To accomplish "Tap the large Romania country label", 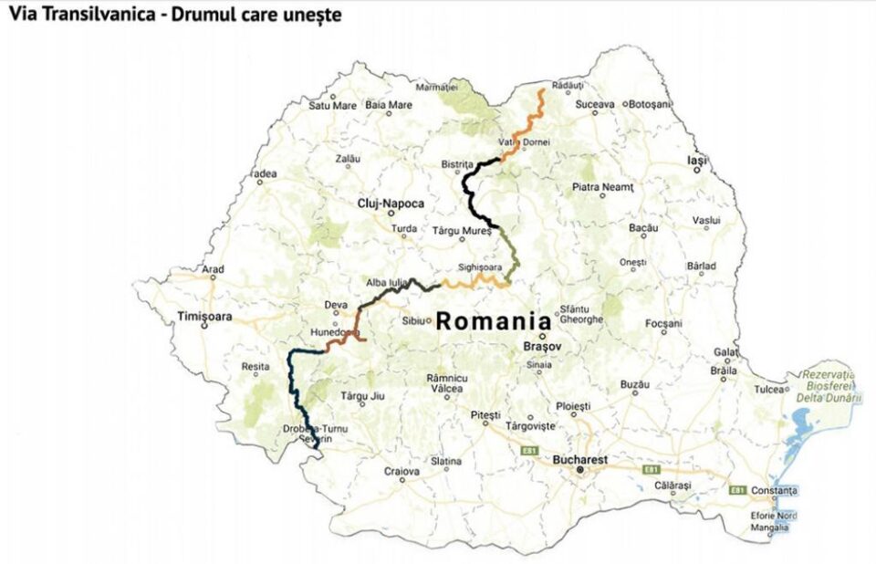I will (493, 321).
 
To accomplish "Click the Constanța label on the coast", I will (776, 491).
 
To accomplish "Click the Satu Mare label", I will (332, 105).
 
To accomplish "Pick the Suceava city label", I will (595, 105).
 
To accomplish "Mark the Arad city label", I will (213, 269).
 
